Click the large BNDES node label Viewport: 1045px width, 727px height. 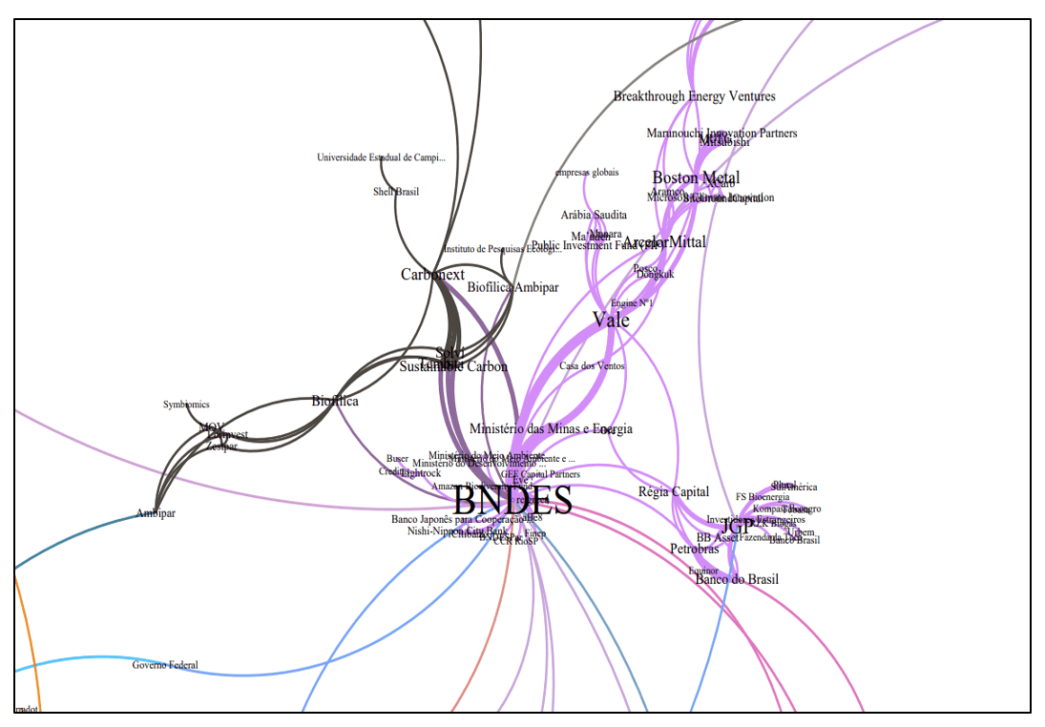click(x=512, y=501)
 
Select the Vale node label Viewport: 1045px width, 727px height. click(x=611, y=321)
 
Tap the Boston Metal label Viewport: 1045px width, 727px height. click(x=696, y=177)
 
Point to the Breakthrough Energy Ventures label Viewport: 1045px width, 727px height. click(x=694, y=96)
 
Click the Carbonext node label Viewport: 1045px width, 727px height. click(x=432, y=275)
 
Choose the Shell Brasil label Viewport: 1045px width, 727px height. click(x=395, y=192)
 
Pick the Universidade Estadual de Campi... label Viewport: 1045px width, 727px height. click(x=381, y=157)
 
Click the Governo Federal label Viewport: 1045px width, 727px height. click(x=165, y=665)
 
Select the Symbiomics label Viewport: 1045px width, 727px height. click(x=186, y=405)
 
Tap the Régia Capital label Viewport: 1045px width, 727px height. click(x=674, y=492)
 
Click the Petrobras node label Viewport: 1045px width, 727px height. click(x=694, y=550)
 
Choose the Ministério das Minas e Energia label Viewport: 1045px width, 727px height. click(x=551, y=429)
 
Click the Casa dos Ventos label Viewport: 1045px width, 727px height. click(x=592, y=366)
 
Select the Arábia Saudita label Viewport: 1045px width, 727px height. click(x=594, y=215)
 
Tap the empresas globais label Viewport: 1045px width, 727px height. click(x=587, y=173)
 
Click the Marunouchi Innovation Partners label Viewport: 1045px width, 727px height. click(x=721, y=134)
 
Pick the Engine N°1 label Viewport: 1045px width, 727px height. click(x=631, y=303)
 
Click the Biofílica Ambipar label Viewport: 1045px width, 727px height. click(x=512, y=286)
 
